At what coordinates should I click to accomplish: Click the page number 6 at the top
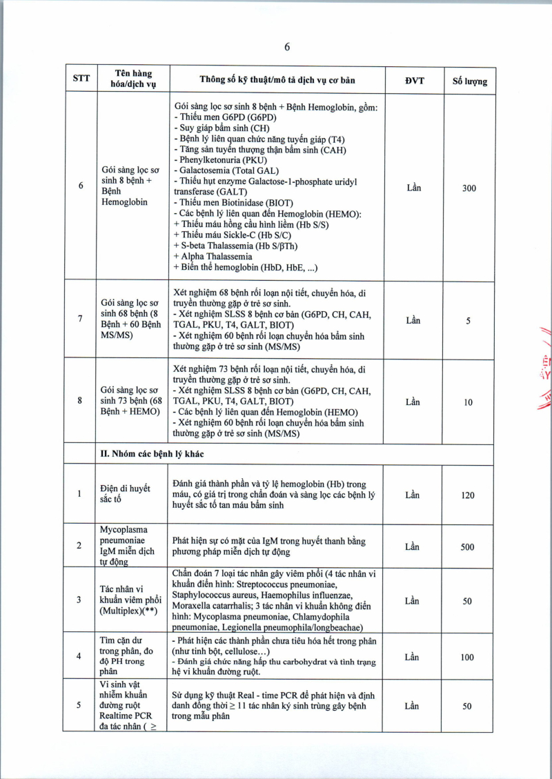(286, 47)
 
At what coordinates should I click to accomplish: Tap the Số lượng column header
(469, 81)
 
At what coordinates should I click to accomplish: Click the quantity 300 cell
(469, 188)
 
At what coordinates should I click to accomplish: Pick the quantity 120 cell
(469, 495)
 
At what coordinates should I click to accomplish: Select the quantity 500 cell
(468, 547)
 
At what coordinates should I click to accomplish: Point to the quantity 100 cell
(468, 658)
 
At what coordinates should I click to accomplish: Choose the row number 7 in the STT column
(80, 319)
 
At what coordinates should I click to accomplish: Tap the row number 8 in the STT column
(80, 401)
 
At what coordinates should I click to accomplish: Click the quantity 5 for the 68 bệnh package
(469, 320)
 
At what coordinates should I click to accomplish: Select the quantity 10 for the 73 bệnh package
(469, 402)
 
